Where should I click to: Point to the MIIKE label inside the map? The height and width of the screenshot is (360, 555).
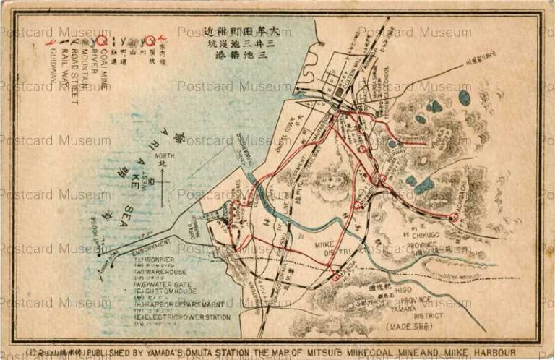tap(326, 246)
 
